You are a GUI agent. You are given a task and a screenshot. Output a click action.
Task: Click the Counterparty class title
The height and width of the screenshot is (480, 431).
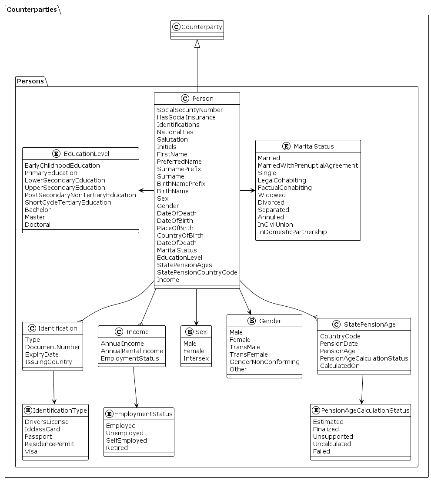tap(201, 27)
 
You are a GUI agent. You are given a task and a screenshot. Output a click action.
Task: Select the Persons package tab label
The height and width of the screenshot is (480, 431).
tap(30, 81)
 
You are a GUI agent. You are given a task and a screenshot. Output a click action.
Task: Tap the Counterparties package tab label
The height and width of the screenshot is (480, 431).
tap(32, 10)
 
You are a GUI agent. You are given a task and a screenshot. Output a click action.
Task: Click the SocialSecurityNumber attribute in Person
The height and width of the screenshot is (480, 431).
tap(190, 110)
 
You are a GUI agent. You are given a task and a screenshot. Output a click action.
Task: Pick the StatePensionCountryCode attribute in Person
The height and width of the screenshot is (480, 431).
tap(197, 272)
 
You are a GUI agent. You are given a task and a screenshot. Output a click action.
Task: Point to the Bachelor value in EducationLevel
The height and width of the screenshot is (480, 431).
tap(38, 210)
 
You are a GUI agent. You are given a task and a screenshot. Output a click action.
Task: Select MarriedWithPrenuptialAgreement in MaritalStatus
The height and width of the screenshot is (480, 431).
tap(307, 166)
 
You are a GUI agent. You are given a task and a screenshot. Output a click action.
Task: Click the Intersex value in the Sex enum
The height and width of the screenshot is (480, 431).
tap(196, 358)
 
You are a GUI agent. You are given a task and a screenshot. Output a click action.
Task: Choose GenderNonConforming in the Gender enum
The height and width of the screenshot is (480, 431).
tap(264, 362)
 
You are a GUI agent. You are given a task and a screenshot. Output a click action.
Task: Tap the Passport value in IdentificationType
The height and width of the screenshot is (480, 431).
tap(38, 437)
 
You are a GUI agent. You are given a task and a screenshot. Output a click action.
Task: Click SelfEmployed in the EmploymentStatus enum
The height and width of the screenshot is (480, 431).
tap(126, 440)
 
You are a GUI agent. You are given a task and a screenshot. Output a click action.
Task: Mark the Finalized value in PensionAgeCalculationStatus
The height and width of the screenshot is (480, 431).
tap(326, 429)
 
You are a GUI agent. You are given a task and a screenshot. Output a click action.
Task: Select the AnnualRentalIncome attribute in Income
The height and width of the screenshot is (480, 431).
tap(132, 351)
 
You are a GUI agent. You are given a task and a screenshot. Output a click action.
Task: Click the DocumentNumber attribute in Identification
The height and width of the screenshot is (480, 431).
tap(53, 347)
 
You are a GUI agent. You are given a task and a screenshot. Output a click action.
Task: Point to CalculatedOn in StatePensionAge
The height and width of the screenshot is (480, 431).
tap(340, 366)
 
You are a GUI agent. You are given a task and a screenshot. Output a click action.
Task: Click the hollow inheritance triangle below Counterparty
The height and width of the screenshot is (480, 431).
tap(197, 44)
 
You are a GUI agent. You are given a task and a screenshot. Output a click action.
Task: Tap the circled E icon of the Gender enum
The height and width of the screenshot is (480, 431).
tap(252, 321)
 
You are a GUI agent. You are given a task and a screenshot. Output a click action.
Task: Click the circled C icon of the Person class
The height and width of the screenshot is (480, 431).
tap(185, 99)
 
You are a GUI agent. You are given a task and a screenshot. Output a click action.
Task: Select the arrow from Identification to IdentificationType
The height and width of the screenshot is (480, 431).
tap(53, 387)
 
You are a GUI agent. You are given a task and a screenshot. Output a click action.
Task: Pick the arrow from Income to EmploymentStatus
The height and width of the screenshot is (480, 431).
tap(135, 387)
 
